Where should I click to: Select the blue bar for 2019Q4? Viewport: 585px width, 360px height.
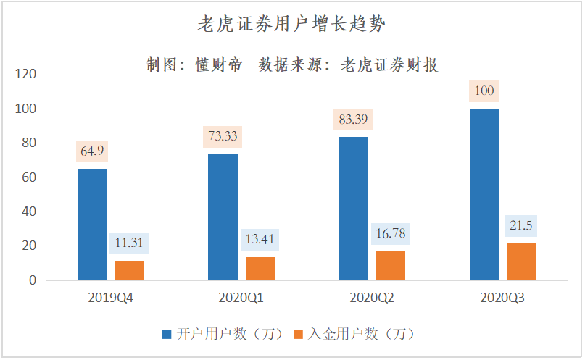(93, 224)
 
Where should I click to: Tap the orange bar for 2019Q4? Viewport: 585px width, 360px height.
(130, 269)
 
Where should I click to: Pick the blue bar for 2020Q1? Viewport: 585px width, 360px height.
(223, 217)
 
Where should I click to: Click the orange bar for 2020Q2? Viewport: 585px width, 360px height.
(391, 265)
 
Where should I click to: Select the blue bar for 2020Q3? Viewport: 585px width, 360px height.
(484, 194)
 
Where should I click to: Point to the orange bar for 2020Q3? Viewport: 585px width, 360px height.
(521, 261)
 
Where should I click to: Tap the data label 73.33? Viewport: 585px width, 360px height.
(223, 136)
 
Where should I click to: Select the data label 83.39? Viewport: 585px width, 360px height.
(353, 119)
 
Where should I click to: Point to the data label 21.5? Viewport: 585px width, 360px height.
(521, 225)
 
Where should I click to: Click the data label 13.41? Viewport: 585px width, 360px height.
(260, 239)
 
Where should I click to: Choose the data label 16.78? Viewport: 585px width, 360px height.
(391, 233)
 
